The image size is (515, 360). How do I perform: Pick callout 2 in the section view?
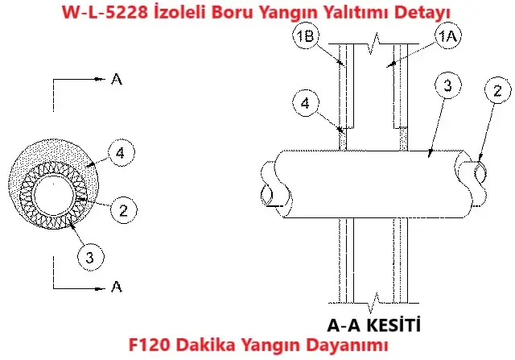(498, 90)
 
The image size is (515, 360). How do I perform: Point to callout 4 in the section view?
(303, 102)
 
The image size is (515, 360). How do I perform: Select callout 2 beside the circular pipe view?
(122, 211)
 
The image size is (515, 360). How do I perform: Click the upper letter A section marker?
(117, 79)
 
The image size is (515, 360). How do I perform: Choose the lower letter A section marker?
(117, 286)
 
